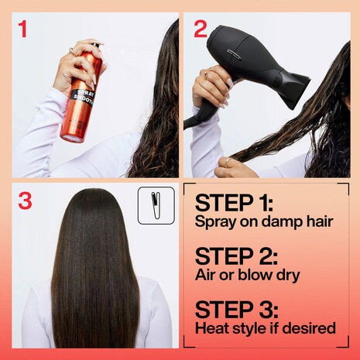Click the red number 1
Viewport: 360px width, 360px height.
click(22, 30)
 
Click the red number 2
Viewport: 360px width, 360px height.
click(201, 29)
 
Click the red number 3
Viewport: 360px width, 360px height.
click(25, 201)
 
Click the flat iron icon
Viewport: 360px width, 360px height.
click(156, 205)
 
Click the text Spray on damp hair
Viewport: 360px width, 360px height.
click(263, 222)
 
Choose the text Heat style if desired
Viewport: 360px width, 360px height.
click(266, 328)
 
